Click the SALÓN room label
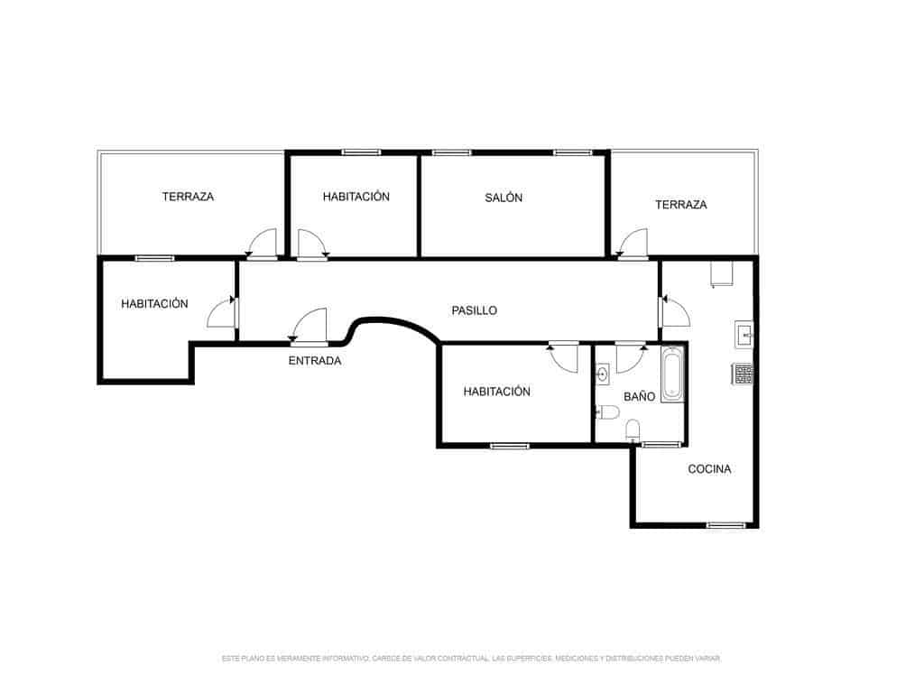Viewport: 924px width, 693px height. pos(504,198)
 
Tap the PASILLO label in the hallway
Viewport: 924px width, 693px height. pos(474,310)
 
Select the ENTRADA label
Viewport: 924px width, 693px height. pos(315,361)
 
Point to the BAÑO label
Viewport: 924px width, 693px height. pos(639,396)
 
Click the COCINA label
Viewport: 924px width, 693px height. pos(709,469)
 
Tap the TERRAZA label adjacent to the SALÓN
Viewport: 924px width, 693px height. pos(680,205)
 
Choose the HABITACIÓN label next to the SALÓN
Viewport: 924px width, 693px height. pos(356,197)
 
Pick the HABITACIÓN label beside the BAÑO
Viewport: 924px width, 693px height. pos(496,392)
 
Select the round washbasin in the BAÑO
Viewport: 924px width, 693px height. pos(603,373)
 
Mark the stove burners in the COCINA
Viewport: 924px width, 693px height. pos(744,373)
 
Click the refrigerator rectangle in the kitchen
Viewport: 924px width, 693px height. pos(723,274)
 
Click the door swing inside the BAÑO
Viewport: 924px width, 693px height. pos(628,358)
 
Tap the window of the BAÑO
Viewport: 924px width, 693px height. pos(661,444)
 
